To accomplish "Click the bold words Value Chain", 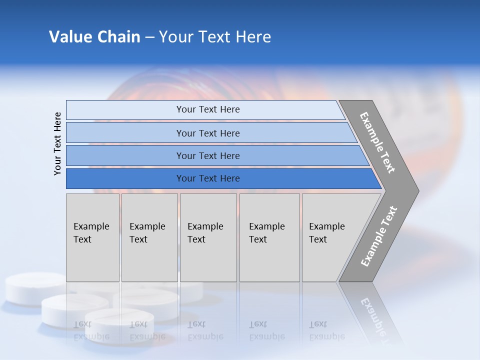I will click(94, 37).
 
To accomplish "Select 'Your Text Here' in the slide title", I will click(215, 37).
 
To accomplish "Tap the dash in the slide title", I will click(149, 37).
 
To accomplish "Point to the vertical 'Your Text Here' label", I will click(57, 143).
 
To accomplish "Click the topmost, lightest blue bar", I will click(208, 109).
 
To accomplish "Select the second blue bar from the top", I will click(208, 133).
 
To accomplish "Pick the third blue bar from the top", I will click(208, 155).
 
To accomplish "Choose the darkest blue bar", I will click(208, 178).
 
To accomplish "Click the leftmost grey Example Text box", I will click(92, 237).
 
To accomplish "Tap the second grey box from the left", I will click(149, 237).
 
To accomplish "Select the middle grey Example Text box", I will click(208, 237).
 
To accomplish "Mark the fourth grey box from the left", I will click(269, 237).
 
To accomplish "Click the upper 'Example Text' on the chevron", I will click(377, 142).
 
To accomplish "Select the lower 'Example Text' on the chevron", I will click(379, 236).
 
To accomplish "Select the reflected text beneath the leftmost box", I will click(91, 330).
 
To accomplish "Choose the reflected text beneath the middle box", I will click(205, 330).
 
